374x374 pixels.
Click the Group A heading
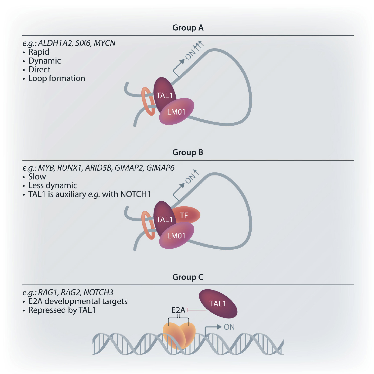[188, 28]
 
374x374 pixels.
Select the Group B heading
[188, 152]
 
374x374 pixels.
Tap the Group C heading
[188, 277]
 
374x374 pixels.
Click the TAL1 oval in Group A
[164, 93]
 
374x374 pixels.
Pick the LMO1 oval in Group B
[177, 236]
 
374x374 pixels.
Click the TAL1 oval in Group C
[218, 304]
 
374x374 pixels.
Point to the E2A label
[178, 310]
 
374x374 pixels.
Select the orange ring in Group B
[148, 225]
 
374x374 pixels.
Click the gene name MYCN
[104, 43]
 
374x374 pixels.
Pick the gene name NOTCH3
[98, 293]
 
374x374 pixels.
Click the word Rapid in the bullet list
[39, 52]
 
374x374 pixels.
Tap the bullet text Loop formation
[57, 78]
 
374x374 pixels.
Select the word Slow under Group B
[37, 177]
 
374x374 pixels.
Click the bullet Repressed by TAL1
[62, 310]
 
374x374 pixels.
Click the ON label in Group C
[229, 327]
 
